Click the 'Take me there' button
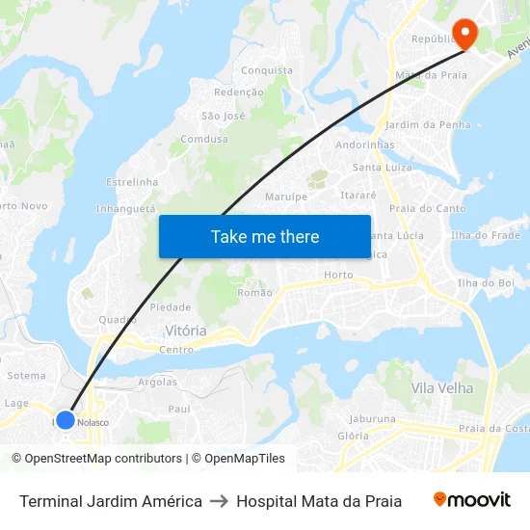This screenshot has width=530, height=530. tap(265, 236)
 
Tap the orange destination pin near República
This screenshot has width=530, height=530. tap(464, 34)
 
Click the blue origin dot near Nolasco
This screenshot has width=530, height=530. tap(65, 420)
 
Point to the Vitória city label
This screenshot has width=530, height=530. tap(185, 331)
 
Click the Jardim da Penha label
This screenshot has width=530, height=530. tap(428, 124)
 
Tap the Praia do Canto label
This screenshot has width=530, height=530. tap(427, 208)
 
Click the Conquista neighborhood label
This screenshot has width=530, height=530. tap(267, 70)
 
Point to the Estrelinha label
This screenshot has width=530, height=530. tap(132, 181)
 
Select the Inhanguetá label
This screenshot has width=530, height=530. tap(125, 208)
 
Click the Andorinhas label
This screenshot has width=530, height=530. tap(365, 145)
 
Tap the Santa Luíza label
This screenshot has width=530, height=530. tap(382, 167)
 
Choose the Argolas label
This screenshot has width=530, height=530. tap(158, 382)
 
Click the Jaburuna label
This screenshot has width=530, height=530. tap(372, 419)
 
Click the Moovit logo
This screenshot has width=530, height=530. tap(472, 499)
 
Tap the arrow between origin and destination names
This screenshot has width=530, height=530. tap(219, 501)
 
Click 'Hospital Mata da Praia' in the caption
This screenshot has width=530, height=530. tap(319, 501)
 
